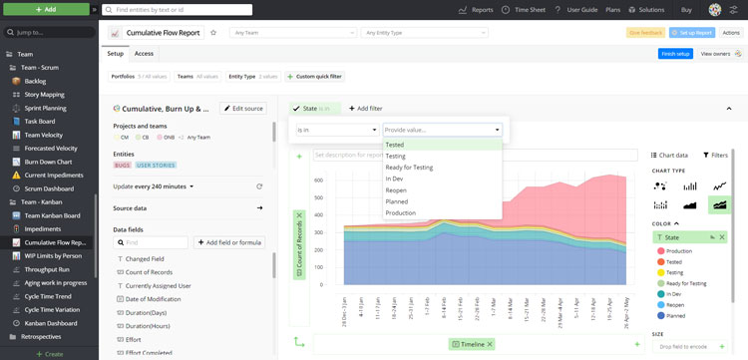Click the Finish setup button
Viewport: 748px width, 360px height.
pos(675,53)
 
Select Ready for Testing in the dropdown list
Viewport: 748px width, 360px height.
pos(409,167)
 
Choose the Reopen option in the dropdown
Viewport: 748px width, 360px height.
pos(396,189)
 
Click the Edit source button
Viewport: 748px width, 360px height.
pos(242,108)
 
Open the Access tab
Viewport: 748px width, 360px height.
pos(144,53)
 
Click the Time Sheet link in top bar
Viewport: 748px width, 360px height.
pos(524,9)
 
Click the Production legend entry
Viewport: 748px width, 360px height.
pos(680,251)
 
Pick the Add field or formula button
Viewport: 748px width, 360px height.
pos(229,241)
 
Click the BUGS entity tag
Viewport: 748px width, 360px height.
pos(123,165)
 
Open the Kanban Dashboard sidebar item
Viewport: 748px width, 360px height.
pos(51,323)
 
